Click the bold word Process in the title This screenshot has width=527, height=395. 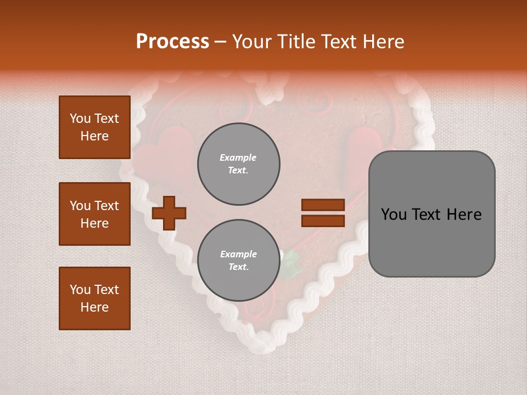coord(172,42)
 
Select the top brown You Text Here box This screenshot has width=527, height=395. coord(94,127)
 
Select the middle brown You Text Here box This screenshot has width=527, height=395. coord(94,214)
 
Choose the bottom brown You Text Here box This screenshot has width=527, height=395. coord(94,298)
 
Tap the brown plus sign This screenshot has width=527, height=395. coord(169,213)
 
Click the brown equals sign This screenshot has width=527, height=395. coord(323,213)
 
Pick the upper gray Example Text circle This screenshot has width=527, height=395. coord(239,163)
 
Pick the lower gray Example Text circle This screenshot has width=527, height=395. coord(239,260)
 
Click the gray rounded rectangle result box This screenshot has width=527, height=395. coord(431,214)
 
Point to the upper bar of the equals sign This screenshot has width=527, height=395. coord(323,205)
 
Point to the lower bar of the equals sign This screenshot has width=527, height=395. coord(323,221)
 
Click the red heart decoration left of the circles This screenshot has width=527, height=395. coord(165,154)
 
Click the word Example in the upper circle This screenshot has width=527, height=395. coord(238,157)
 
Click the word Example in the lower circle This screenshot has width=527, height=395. coord(238,254)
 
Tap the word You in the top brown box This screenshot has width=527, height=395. coord(80,119)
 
